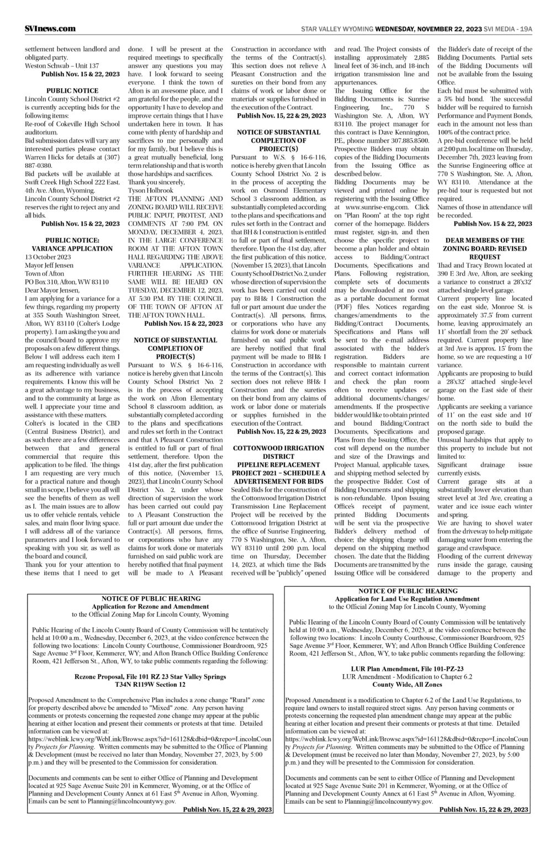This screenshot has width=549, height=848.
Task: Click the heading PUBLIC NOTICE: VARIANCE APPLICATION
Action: point(72,245)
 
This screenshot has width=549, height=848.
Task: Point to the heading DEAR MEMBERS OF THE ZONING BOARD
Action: point(484,245)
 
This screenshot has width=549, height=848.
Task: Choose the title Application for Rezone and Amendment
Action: point(150,606)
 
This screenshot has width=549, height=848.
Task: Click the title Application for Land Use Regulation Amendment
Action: point(407,599)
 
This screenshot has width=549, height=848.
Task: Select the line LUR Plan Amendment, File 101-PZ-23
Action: point(407,669)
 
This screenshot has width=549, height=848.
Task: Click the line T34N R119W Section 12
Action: point(150,683)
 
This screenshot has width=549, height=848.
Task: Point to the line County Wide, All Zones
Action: point(407,684)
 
